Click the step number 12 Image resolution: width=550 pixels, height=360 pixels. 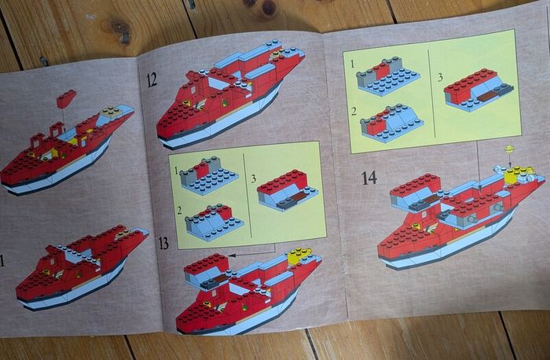click(152, 80)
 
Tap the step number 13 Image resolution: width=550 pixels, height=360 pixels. click(163, 243)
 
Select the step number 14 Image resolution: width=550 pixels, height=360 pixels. click(369, 178)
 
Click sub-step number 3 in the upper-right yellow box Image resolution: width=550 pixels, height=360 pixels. click(440, 77)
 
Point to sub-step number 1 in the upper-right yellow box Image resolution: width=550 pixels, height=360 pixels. click(353, 64)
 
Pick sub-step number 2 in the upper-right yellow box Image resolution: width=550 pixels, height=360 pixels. click(354, 111)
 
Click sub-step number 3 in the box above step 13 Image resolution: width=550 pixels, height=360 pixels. click(254, 178)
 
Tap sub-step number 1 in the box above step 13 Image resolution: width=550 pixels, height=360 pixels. click(177, 171)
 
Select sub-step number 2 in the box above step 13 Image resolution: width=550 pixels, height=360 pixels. click(179, 211)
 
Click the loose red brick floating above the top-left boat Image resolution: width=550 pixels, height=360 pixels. click(66, 98)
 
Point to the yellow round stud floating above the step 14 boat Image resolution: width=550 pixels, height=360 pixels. click(510, 149)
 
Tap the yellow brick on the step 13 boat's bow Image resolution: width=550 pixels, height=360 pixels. click(297, 255)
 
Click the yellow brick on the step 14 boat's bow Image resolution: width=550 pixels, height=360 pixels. click(515, 174)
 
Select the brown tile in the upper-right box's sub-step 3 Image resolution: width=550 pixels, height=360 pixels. click(488, 96)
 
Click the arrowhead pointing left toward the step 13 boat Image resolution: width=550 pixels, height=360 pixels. click(230, 255)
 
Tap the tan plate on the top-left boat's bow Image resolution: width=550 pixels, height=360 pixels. click(111, 112)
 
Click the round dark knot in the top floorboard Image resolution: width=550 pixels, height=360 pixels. click(269, 8)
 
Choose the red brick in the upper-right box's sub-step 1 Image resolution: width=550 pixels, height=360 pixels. click(381, 71)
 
